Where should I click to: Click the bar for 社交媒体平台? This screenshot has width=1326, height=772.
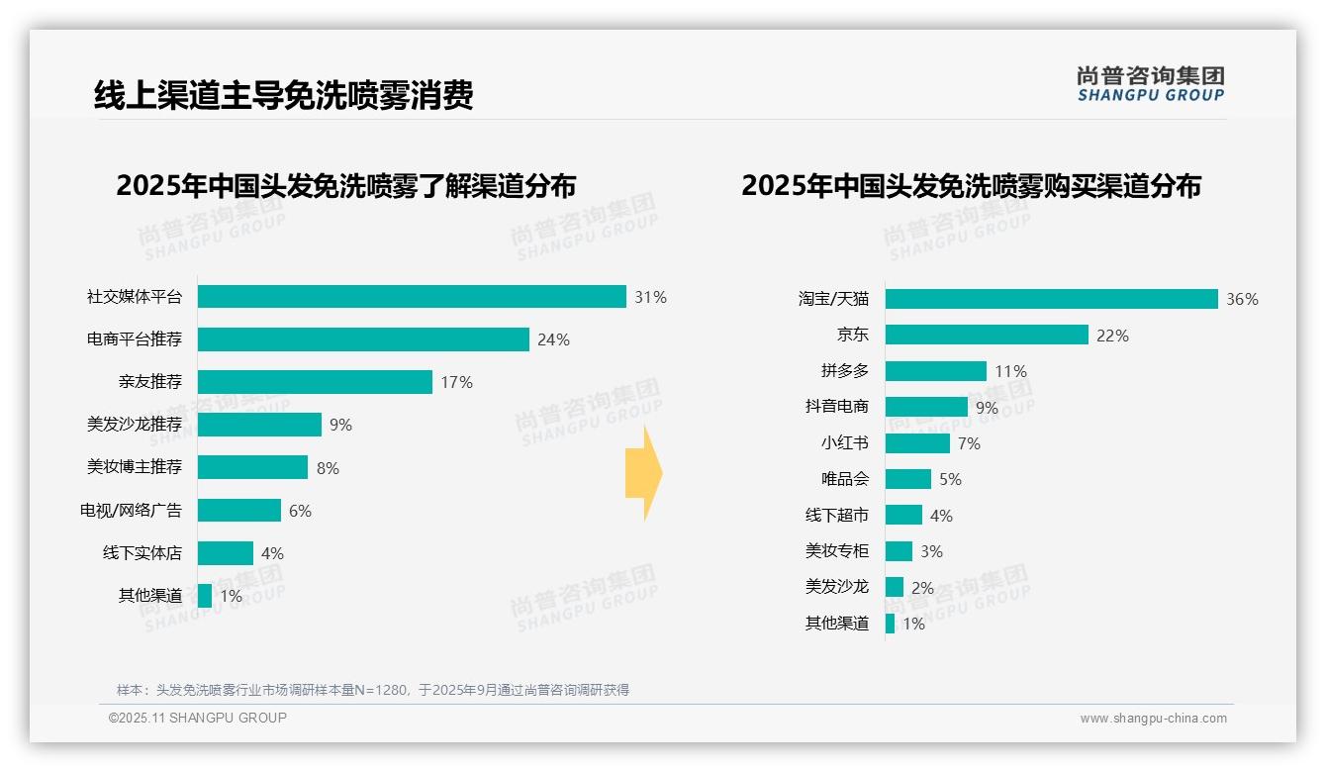tap(412, 297)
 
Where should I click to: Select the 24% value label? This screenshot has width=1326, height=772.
tap(553, 339)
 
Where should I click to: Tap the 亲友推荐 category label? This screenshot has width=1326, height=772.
tap(149, 382)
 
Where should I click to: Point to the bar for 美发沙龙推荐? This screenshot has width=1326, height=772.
tap(259, 425)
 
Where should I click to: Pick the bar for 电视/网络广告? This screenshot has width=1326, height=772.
tap(239, 510)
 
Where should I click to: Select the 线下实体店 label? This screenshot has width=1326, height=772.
tap(142, 552)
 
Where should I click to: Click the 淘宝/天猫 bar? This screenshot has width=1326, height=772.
tap(1051, 299)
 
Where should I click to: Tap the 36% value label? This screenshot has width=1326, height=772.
tap(1242, 299)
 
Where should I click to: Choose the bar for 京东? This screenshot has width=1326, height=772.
tap(987, 335)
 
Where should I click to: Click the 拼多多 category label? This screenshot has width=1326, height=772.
tap(844, 371)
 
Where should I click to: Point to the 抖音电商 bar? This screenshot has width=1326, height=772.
tap(926, 407)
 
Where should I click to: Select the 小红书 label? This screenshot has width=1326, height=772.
tap(844, 443)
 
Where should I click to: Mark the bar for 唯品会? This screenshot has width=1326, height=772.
tap(908, 479)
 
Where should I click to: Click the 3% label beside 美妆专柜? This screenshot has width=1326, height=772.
tap(931, 551)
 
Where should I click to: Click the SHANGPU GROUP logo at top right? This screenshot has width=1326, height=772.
tap(1150, 84)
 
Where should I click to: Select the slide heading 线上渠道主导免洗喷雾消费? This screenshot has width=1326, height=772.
tap(283, 95)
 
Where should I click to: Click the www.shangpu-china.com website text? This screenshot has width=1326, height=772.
tap(1153, 719)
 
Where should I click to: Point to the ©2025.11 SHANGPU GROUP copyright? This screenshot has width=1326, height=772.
tap(198, 718)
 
